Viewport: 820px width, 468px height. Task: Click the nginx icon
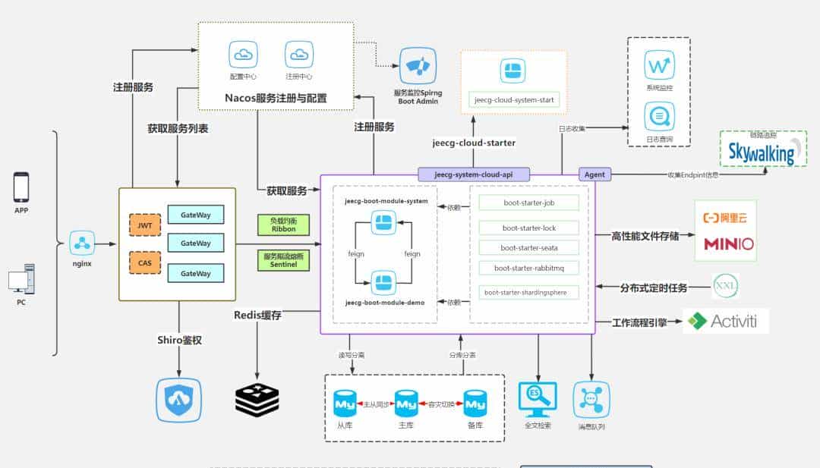point(81,243)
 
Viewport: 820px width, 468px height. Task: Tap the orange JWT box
point(145,226)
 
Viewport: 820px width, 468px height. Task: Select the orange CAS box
point(145,262)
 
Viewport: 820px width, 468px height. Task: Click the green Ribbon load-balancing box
point(283,225)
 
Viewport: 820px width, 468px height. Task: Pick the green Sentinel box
point(283,261)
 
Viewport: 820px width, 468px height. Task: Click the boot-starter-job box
point(529,203)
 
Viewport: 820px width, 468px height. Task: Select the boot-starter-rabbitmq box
point(529,268)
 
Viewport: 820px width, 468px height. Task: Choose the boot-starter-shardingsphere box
point(529,292)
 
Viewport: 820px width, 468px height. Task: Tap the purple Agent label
point(594,174)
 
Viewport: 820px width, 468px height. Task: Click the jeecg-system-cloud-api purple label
point(473,174)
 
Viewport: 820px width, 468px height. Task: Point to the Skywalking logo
point(762,150)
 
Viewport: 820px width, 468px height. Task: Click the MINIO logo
point(728,244)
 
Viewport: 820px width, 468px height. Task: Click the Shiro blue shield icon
point(179,400)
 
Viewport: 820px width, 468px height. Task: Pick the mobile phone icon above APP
point(21,187)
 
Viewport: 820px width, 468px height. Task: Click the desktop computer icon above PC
point(21,278)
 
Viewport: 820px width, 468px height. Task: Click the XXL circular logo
point(725,287)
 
